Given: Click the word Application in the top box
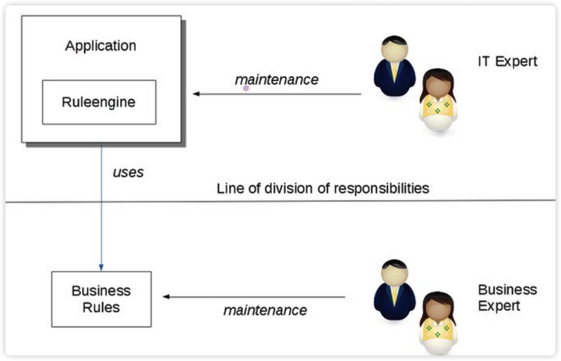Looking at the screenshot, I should click(101, 46).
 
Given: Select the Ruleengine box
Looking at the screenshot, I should click(99, 101).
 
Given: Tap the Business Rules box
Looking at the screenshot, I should click(101, 299).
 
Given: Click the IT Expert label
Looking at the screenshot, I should click(507, 61).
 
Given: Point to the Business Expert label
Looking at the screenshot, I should click(507, 297).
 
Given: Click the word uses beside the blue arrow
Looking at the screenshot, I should click(128, 173).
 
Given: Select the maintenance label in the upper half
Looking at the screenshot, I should click(277, 80).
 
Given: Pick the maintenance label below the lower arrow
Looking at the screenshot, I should click(265, 310).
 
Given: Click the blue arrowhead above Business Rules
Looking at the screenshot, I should click(101, 265).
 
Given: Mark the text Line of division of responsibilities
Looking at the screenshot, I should click(322, 188).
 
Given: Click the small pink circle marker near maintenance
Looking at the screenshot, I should click(246, 89).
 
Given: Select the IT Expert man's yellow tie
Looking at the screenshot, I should click(395, 73).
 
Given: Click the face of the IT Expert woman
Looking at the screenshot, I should click(437, 83).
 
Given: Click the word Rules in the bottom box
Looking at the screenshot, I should click(101, 307).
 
